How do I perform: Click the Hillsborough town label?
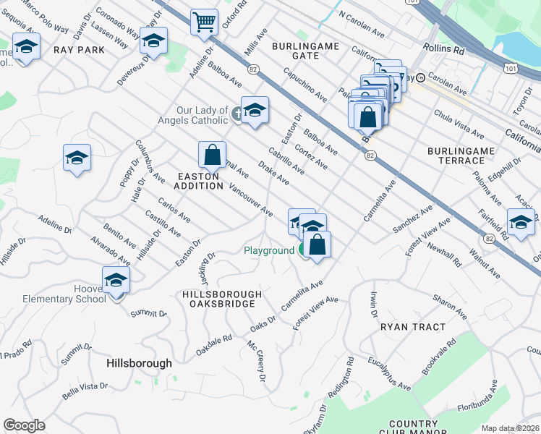[x=139, y=363]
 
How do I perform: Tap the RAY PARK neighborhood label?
[x=79, y=50]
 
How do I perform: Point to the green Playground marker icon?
[x=304, y=250]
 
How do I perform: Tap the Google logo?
[x=24, y=425]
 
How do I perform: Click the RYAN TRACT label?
[x=413, y=327]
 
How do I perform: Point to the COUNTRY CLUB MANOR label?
[x=422, y=428]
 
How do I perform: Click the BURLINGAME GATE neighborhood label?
[x=305, y=51]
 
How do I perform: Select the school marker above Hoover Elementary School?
[x=116, y=279]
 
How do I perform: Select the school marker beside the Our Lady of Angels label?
[x=255, y=111]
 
